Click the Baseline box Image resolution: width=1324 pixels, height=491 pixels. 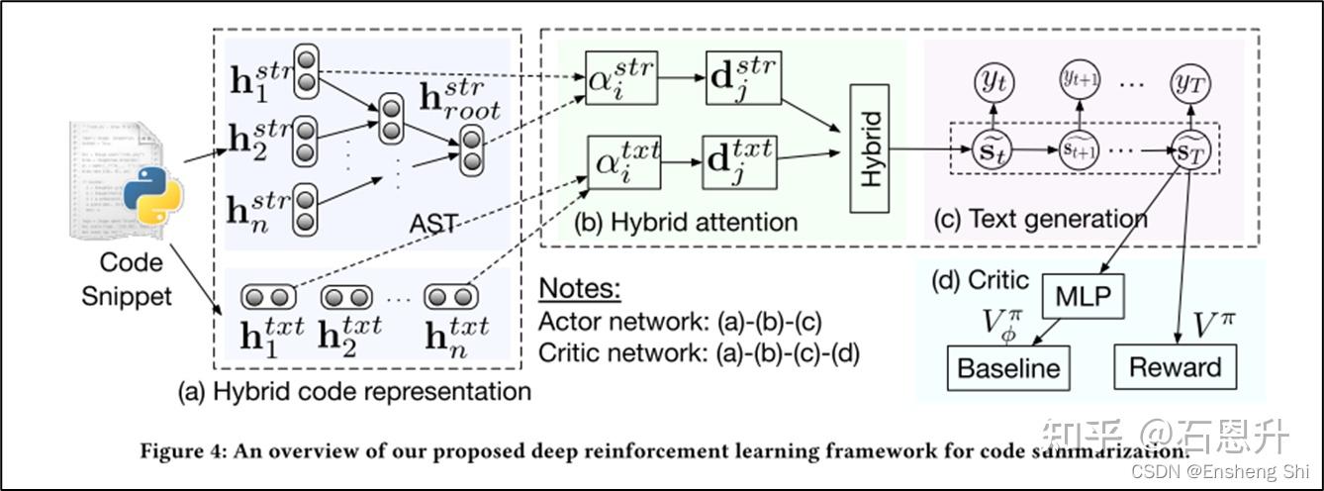[1008, 368]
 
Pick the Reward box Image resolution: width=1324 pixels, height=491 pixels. [1175, 367]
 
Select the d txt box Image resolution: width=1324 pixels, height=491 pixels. [740, 156]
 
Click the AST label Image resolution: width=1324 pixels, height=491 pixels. [434, 224]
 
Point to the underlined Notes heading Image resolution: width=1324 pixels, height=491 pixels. [580, 289]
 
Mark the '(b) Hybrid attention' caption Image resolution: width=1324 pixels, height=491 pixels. [685, 222]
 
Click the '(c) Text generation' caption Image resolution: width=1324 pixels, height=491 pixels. [1040, 219]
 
